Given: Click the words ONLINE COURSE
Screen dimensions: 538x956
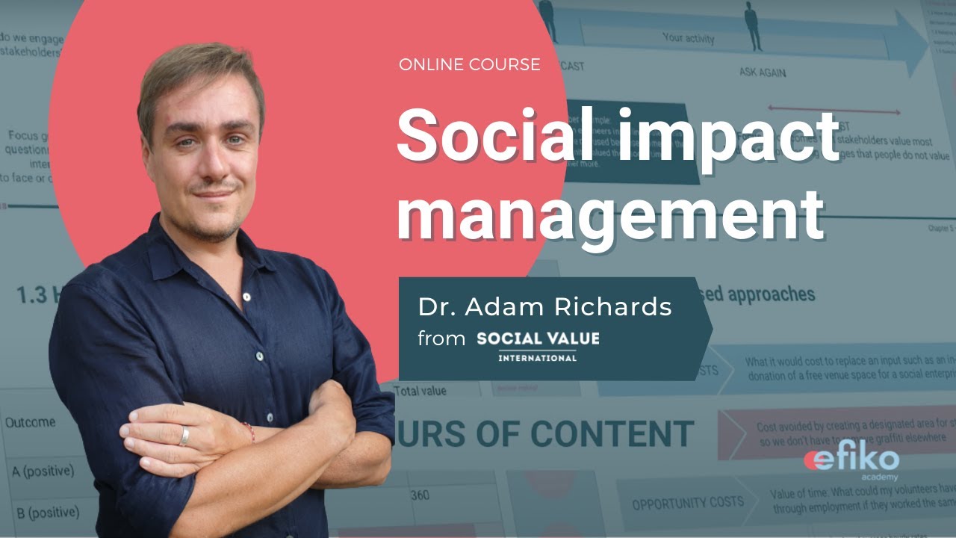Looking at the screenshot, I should click(x=469, y=65).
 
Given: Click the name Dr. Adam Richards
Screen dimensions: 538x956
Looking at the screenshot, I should click(x=544, y=307).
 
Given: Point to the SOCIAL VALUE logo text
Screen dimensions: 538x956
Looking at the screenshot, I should click(x=538, y=338).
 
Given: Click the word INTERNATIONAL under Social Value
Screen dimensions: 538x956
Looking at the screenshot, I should click(x=538, y=357).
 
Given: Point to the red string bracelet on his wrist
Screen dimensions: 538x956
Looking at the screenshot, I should click(x=249, y=431).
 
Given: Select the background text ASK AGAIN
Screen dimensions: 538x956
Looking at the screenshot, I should click(x=762, y=72).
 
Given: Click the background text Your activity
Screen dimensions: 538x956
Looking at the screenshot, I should click(x=688, y=38).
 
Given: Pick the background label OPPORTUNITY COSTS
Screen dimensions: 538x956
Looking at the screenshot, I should click(x=687, y=504).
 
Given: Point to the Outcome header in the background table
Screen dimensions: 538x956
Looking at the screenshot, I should click(x=30, y=422).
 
